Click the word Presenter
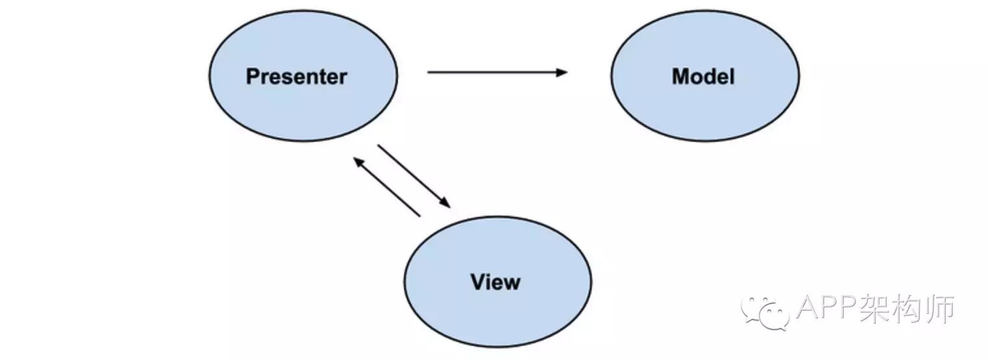(296, 77)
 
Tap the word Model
(703, 77)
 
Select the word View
(495, 283)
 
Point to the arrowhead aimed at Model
(562, 72)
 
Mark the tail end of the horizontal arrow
(429, 72)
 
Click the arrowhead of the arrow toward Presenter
(358, 161)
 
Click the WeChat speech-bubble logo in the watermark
(764, 312)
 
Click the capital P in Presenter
(253, 77)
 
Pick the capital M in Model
(681, 77)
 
